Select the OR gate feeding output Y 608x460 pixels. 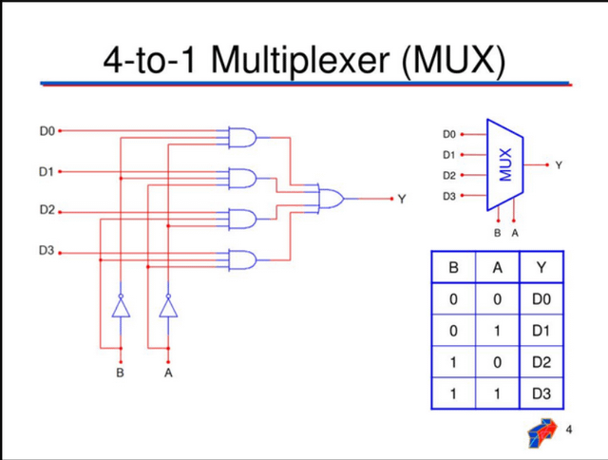(330, 199)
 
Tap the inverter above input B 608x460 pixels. (120, 306)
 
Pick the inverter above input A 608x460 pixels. (168, 306)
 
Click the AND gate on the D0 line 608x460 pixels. (242, 138)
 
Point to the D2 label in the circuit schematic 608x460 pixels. (47, 209)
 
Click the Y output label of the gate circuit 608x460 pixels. (402, 200)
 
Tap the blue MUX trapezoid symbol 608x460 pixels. (505, 164)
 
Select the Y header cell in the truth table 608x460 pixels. (541, 268)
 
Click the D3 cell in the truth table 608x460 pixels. (541, 393)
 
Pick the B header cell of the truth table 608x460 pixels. (453, 268)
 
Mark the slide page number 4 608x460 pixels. (569, 430)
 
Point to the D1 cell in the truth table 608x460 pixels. (541, 331)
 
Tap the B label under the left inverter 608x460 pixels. (120, 374)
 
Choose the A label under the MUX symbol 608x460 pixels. (515, 232)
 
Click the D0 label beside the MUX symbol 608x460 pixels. (449, 134)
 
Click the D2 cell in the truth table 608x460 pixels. (541, 362)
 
